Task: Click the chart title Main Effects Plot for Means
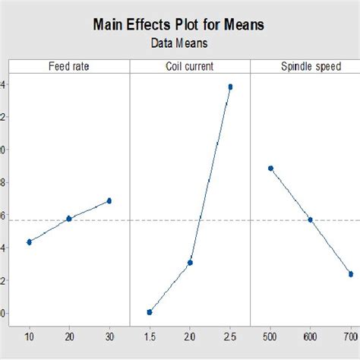point(179,24)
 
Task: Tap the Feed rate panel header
point(69,67)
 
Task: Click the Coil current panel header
point(190,67)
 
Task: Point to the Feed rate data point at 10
point(29,242)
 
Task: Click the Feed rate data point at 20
point(69,218)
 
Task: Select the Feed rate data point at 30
point(109,201)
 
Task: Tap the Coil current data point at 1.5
point(150,312)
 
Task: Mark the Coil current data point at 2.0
point(190,263)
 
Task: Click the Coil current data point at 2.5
point(230,87)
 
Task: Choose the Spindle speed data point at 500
point(270,168)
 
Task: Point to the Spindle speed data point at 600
point(310,219)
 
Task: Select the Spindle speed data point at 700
point(350,273)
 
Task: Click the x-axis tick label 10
point(29,336)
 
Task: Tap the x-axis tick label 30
point(109,336)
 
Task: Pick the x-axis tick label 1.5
point(150,336)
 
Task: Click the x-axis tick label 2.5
point(230,336)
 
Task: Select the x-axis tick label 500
point(270,336)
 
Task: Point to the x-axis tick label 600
point(310,336)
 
